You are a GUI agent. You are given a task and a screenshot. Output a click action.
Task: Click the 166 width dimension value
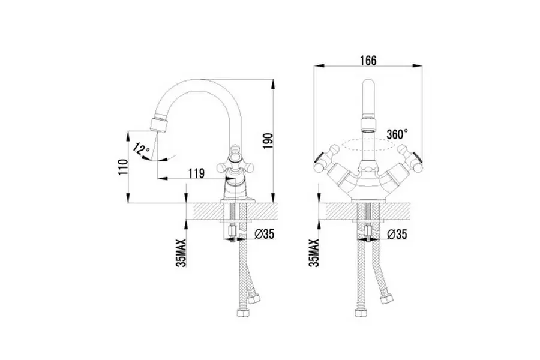(x=368, y=60)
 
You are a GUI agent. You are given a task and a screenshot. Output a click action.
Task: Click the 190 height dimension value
(x=268, y=140)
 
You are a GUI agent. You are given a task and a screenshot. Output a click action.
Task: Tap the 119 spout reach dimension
(x=197, y=173)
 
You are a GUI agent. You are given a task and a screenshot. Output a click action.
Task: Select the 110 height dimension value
(x=123, y=167)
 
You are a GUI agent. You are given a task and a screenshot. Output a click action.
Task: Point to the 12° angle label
(x=142, y=149)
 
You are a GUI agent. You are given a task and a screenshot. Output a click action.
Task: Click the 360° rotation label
(x=397, y=134)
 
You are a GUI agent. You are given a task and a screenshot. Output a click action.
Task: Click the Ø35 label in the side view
(x=265, y=234)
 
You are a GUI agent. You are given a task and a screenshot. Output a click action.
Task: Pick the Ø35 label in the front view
(x=397, y=234)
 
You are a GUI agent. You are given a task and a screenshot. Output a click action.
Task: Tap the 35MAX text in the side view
(x=181, y=253)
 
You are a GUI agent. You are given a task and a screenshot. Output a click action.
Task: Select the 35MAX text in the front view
(x=314, y=253)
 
